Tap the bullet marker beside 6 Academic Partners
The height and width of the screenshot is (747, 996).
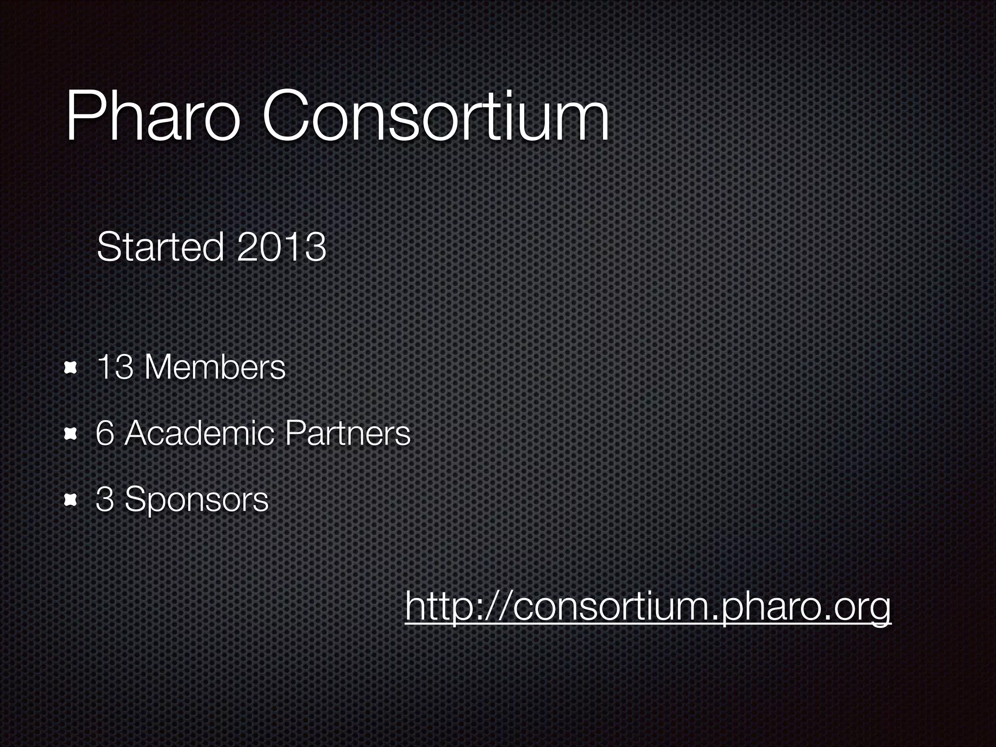71,433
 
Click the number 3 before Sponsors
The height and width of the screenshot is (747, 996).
105,499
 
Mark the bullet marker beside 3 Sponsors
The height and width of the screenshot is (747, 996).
71,499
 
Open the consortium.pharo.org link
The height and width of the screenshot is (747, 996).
648,607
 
